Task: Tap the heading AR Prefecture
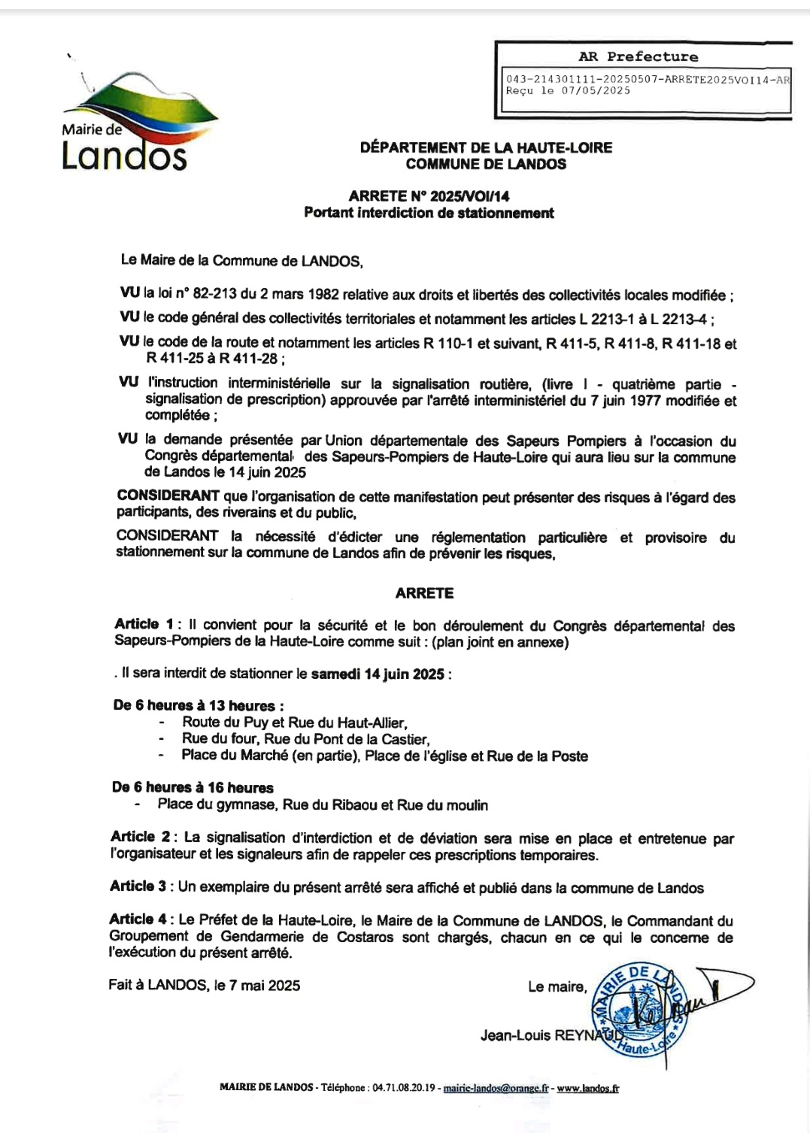pos(638,56)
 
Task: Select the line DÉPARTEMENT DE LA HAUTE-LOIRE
pos(486,147)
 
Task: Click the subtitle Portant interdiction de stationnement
pos(429,213)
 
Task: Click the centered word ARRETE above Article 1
pos(424,593)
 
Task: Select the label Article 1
pos(144,624)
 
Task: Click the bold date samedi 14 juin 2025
pos(378,674)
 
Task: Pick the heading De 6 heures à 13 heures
pos(198,705)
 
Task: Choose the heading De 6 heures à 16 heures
pos(193,787)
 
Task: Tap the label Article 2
pos(141,837)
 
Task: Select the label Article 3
pos(139,886)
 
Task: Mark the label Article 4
pos(139,919)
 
